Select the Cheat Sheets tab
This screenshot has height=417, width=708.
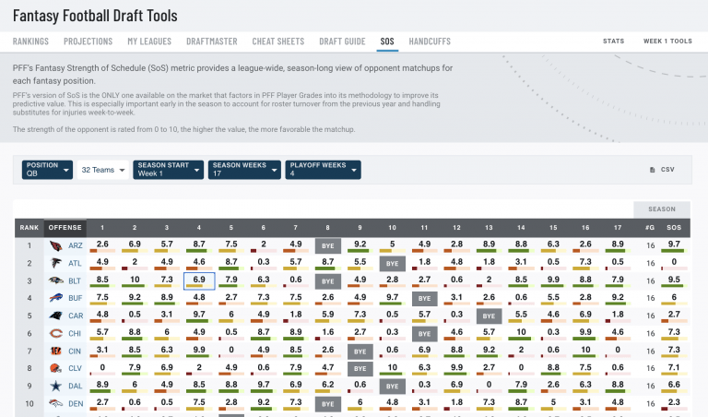coord(277,42)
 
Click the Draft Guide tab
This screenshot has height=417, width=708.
coord(342,42)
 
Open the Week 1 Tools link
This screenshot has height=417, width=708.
coord(667,42)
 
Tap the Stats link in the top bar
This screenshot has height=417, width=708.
coord(613,42)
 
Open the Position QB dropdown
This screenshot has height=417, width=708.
coord(48,170)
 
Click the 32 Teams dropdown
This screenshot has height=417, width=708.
coord(102,170)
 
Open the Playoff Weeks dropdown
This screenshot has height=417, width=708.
coord(322,170)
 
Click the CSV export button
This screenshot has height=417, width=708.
coord(662,170)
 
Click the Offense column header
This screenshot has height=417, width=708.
coord(65,227)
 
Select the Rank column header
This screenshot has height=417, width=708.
coord(29,227)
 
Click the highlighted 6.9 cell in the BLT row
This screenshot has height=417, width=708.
coord(199,280)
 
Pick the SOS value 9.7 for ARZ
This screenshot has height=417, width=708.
coord(674,245)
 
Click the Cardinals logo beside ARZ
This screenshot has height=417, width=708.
coord(56,245)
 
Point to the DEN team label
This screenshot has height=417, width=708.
coord(76,403)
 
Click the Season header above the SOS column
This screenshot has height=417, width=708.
coord(661,209)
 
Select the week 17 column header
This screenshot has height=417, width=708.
coord(618,227)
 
